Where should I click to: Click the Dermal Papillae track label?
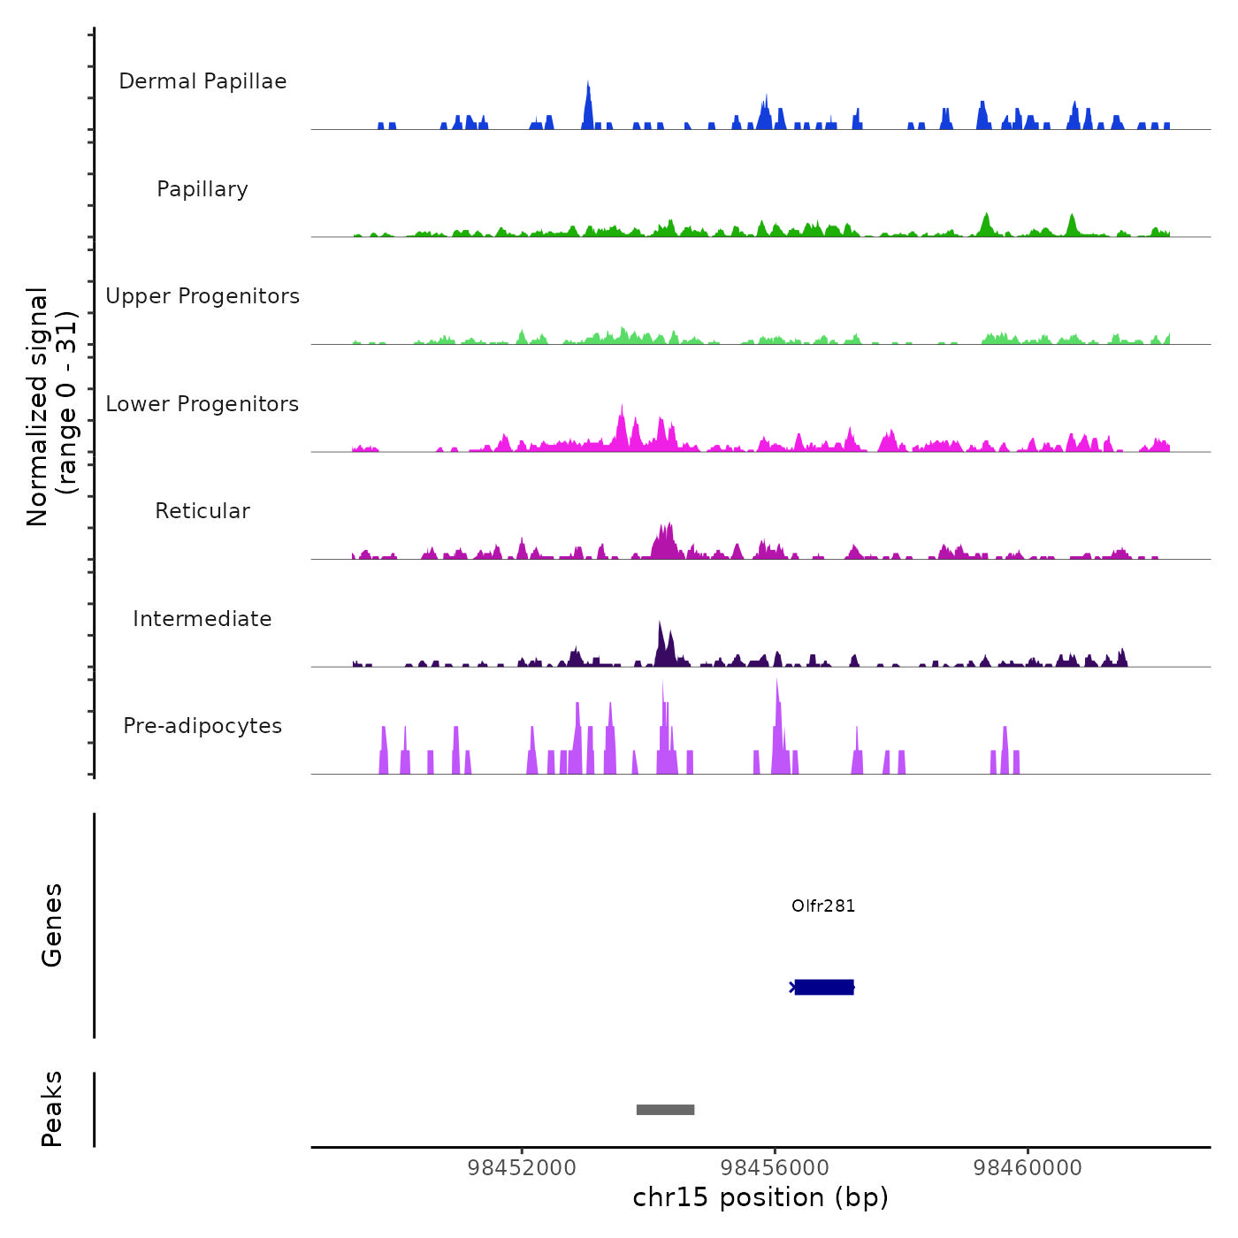pos(203,81)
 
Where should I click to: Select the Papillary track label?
pos(203,189)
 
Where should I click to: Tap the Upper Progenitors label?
pos(203,296)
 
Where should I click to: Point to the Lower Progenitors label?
pos(203,404)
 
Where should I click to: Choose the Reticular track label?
pos(203,511)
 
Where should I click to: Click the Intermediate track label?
pos(203,619)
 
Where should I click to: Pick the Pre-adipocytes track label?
pos(203,726)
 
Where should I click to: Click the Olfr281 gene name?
pos(823,906)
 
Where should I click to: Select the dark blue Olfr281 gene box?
pos(824,987)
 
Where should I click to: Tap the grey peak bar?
pos(665,1110)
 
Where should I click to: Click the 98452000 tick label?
pos(522,1168)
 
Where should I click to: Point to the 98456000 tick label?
pos(775,1168)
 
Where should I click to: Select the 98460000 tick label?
pos(1028,1168)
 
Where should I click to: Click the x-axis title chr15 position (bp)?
pos(760,1197)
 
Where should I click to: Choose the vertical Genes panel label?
pos(51,925)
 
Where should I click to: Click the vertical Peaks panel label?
pos(51,1109)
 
